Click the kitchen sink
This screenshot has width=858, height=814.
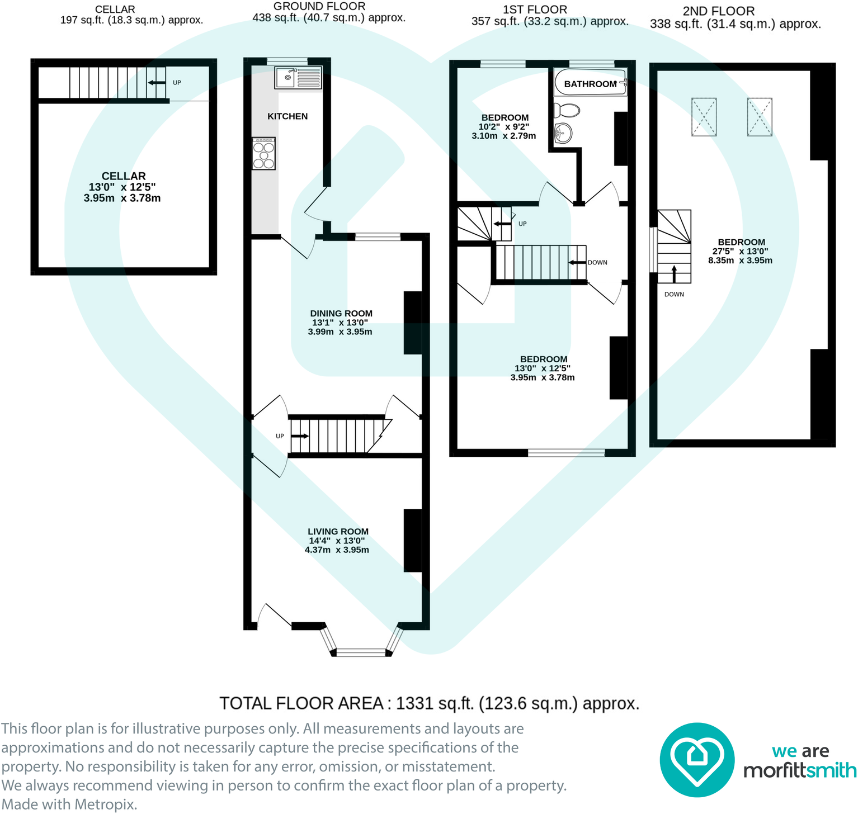(298, 78)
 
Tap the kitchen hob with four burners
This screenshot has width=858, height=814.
(263, 153)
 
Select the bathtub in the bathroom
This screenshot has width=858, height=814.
(590, 83)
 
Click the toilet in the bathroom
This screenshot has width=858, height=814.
(566, 110)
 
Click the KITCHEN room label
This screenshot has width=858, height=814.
(287, 116)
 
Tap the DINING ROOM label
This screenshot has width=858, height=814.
(341, 314)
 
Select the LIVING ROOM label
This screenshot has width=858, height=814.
(338, 532)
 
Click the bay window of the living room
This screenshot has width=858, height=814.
(361, 651)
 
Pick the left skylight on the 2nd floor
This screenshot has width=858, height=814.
(704, 117)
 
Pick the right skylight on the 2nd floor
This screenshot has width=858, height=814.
(759, 117)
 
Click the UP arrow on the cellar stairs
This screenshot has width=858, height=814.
(157, 83)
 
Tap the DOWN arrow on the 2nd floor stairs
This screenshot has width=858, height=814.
(674, 273)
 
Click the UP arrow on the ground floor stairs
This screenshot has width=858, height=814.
(300, 436)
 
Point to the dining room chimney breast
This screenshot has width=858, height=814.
(413, 323)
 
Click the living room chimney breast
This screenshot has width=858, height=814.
(413, 540)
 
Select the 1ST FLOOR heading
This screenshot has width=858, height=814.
(535, 10)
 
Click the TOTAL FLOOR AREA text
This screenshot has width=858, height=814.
(429, 703)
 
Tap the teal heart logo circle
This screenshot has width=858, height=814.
(696, 760)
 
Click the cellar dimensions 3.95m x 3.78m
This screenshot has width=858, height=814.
(122, 198)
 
